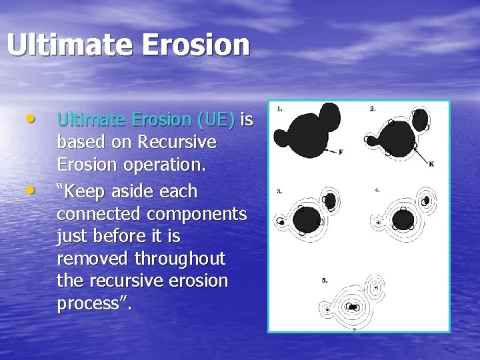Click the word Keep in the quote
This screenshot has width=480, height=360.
pos(87,191)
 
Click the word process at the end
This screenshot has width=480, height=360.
pos(91,304)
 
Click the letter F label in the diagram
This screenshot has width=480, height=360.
pos(341,152)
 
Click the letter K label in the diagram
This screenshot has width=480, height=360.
pos(431,163)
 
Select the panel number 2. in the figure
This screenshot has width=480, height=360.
pos(372,109)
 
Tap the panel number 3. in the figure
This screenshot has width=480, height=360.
pos(279,191)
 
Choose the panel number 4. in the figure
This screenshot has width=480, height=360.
pos(377,190)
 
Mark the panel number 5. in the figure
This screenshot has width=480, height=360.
pos(324,281)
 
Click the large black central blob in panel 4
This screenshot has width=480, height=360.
pos(403,219)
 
